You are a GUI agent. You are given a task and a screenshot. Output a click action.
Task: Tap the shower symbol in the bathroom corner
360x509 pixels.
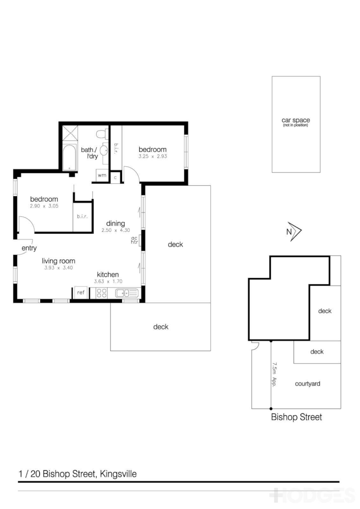click(x=69, y=135)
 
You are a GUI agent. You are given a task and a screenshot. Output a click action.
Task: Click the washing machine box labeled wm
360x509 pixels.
click(x=102, y=175)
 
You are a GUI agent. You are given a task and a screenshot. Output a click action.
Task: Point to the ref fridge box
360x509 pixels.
click(x=81, y=293)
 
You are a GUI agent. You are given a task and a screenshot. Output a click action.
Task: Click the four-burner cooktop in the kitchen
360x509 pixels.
click(x=101, y=293)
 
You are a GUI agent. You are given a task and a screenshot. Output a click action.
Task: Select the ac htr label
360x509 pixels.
click(x=134, y=240)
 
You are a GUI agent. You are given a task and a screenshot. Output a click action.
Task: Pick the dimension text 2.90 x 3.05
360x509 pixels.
click(x=44, y=206)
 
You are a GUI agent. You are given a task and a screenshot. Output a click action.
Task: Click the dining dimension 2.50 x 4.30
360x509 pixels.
click(x=115, y=230)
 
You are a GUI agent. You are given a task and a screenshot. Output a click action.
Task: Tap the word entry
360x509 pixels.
click(x=29, y=248)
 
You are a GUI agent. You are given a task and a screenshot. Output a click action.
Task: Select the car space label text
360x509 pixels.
click(x=296, y=121)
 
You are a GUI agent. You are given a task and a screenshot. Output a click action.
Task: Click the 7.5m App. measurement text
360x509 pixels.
click(x=275, y=374)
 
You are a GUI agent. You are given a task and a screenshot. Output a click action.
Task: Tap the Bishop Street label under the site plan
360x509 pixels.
click(x=296, y=417)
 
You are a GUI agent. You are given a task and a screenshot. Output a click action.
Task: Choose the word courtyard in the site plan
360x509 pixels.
click(x=307, y=384)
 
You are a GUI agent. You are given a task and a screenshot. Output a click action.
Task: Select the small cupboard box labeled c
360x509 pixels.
click(x=116, y=178)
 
